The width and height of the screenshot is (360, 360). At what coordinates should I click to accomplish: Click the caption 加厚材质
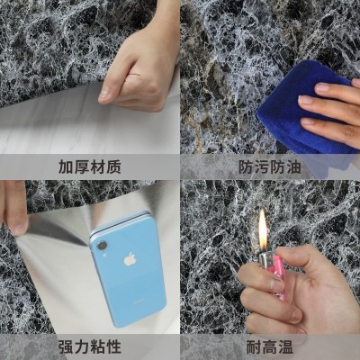pyautogui.click(x=90, y=166)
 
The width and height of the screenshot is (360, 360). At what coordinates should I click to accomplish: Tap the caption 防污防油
pyautogui.click(x=270, y=166)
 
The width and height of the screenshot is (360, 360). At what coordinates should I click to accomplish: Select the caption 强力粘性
pyautogui.click(x=90, y=346)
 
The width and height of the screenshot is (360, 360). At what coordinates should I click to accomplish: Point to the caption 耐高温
pyautogui.click(x=270, y=346)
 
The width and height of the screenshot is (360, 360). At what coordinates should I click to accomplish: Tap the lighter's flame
pyautogui.click(x=263, y=230)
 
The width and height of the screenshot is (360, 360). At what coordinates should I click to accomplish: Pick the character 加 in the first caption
pyautogui.click(x=66, y=166)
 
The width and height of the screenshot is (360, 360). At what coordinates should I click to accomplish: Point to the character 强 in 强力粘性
pyautogui.click(x=66, y=346)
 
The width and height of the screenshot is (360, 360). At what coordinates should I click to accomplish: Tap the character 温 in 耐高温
pyautogui.click(x=286, y=346)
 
